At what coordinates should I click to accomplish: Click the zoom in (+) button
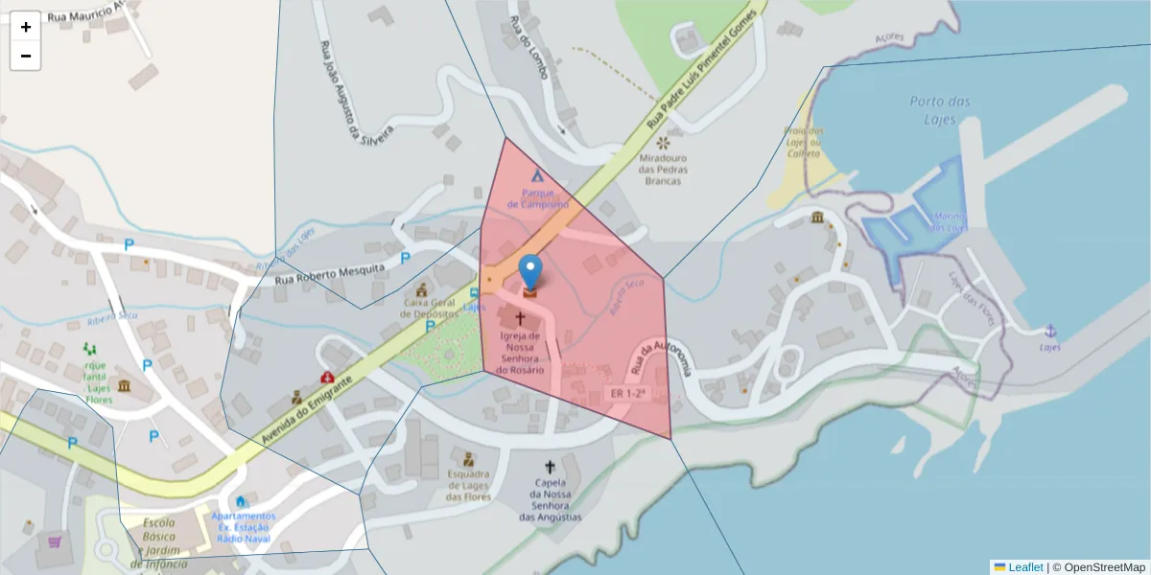pos(26,27)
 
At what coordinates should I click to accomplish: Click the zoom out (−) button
pos(26,56)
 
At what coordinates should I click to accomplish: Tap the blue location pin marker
pos(529,272)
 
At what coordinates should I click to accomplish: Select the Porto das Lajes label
pos(939,108)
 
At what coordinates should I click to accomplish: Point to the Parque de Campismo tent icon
pos(537,176)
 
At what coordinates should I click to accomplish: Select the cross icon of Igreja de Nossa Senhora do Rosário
pos(521,316)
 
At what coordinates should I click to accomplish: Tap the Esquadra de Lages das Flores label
pos(468,485)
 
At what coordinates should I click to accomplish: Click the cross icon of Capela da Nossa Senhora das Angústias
pos(550,466)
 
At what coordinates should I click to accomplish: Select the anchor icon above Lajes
pos(1050,331)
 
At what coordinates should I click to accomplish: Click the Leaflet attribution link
pos(1024,567)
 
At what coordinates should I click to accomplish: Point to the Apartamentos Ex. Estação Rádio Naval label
pos(244,527)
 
